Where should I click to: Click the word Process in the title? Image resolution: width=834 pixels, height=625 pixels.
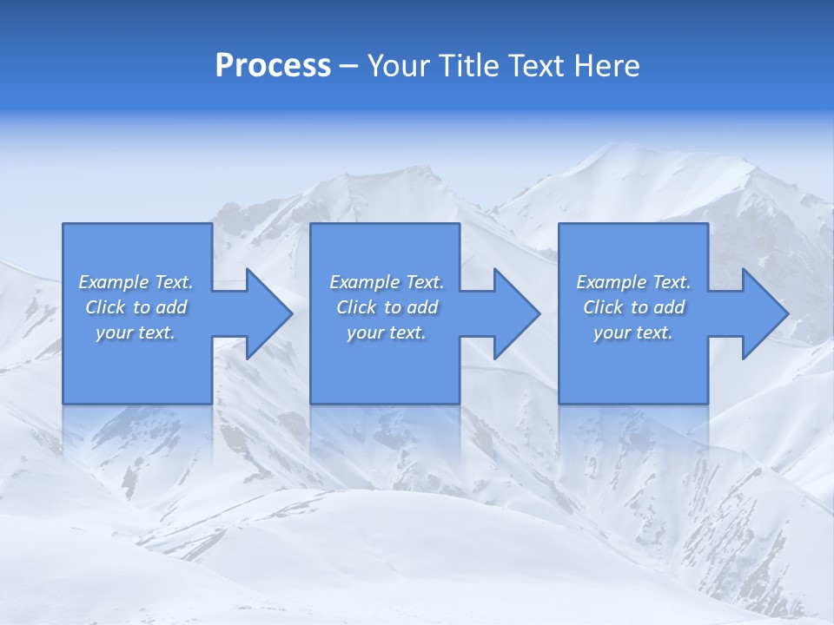[273, 66]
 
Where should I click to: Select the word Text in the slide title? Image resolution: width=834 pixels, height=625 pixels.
[535, 66]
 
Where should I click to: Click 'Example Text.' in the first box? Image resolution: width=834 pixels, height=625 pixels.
[136, 282]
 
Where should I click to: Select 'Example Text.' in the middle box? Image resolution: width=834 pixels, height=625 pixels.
[387, 282]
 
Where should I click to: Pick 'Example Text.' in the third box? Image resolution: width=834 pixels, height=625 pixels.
[633, 282]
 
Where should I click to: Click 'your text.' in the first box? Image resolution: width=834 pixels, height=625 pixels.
[136, 332]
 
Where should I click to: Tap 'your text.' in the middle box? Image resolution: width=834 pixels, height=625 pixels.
[387, 332]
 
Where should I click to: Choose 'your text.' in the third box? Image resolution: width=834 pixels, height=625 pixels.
[633, 332]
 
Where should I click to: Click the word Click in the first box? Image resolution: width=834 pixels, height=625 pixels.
[105, 307]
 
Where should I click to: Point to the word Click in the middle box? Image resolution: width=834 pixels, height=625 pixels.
[356, 307]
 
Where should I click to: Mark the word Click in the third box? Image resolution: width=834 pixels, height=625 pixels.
[603, 307]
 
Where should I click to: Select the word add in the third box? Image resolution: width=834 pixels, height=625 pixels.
[669, 307]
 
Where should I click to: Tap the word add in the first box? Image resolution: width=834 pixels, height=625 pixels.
[171, 307]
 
